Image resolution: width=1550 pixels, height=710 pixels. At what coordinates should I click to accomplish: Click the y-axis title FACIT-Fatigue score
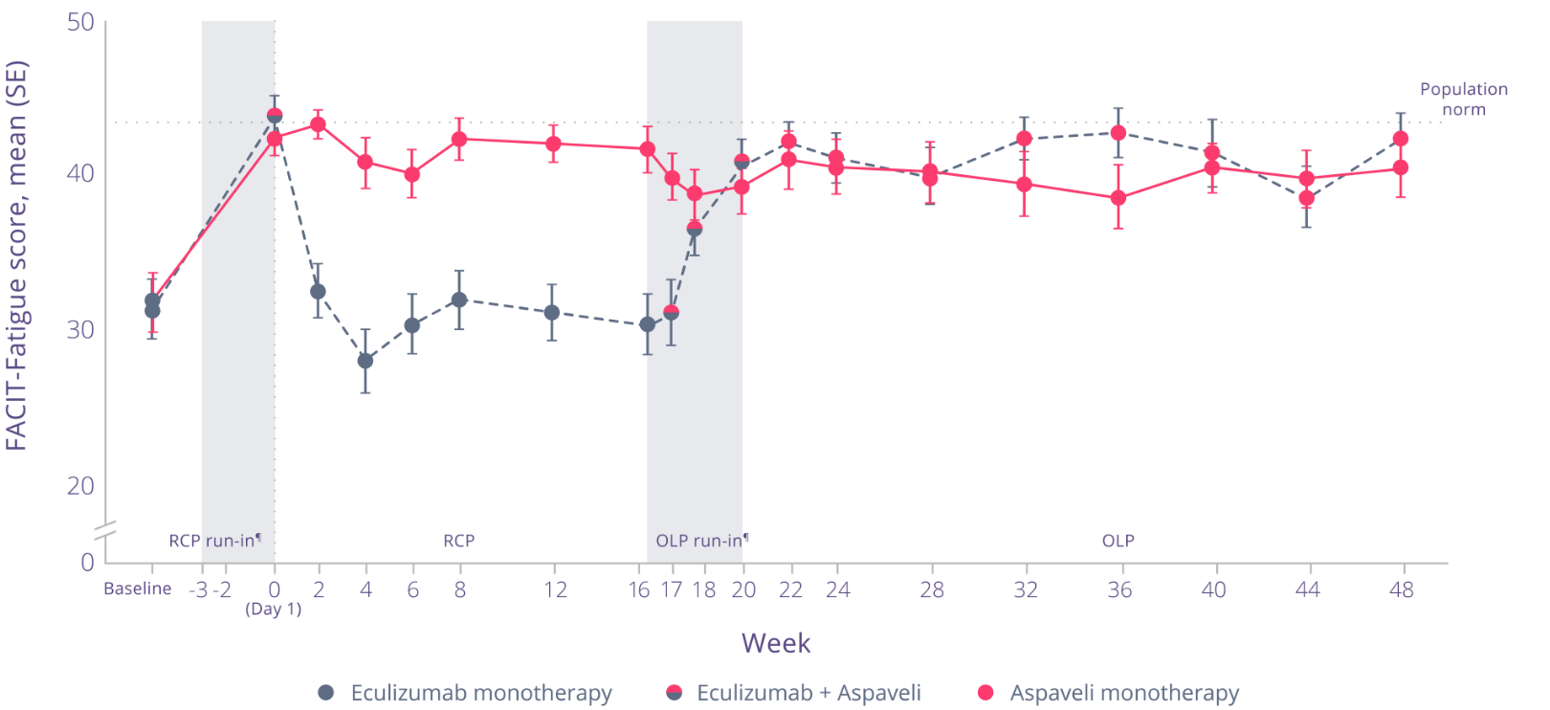pyautogui.click(x=17, y=255)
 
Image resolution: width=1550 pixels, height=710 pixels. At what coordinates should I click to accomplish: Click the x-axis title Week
pyautogui.click(x=775, y=643)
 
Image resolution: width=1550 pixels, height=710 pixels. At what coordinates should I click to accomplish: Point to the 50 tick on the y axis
pyautogui.click(x=80, y=21)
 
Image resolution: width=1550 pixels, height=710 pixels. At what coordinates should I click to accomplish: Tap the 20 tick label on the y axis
pyautogui.click(x=80, y=486)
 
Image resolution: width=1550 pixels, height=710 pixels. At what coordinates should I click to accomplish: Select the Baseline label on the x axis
pyautogui.click(x=138, y=589)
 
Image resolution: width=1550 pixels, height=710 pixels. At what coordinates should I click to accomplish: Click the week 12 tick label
pyautogui.click(x=555, y=589)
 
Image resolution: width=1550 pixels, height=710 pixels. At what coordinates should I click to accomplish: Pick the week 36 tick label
pyautogui.click(x=1119, y=589)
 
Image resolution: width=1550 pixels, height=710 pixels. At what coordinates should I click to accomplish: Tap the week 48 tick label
pyautogui.click(x=1401, y=589)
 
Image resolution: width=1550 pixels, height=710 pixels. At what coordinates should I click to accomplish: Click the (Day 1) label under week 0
pyautogui.click(x=274, y=610)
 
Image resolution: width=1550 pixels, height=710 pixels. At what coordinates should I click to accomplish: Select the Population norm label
pyautogui.click(x=1463, y=100)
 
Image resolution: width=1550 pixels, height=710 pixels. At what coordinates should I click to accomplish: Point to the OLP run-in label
pyautogui.click(x=700, y=541)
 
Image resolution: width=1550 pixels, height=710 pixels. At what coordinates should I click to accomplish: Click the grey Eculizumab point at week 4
pyautogui.click(x=365, y=361)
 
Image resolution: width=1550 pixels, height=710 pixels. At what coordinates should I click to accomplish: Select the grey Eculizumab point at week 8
pyautogui.click(x=459, y=300)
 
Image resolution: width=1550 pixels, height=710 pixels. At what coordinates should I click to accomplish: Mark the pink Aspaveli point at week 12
pyautogui.click(x=553, y=144)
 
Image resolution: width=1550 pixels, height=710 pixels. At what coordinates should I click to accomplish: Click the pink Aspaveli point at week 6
pyautogui.click(x=412, y=174)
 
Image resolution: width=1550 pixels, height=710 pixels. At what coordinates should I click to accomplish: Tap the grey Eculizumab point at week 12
pyautogui.click(x=552, y=312)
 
